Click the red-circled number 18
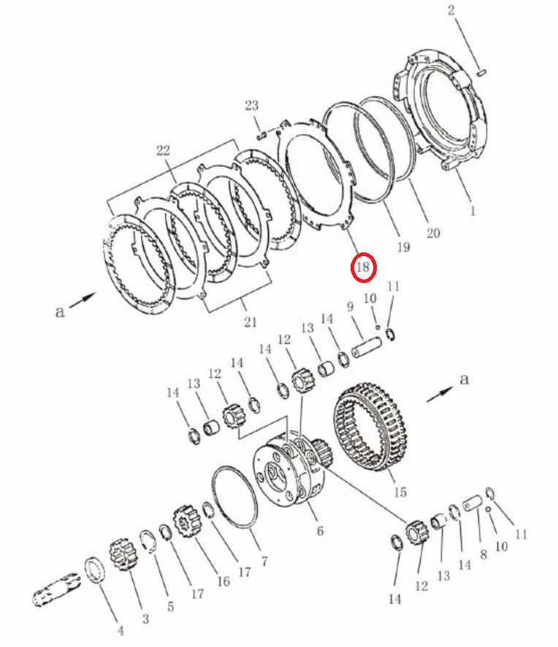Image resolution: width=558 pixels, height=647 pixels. pyautogui.click(x=363, y=268)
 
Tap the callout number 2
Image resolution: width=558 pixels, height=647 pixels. pyautogui.click(x=451, y=10)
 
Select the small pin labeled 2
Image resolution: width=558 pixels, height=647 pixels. pyautogui.click(x=481, y=73)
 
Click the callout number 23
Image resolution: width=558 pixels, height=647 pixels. pyautogui.click(x=251, y=106)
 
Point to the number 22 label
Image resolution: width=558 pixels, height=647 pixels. pyautogui.click(x=163, y=150)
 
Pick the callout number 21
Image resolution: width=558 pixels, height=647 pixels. pyautogui.click(x=250, y=322)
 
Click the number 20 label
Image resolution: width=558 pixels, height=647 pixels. pyautogui.click(x=433, y=233)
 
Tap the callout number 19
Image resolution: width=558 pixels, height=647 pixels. pyautogui.click(x=403, y=247)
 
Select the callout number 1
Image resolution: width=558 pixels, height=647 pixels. pyautogui.click(x=473, y=212)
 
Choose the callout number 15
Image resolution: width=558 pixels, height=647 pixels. pyautogui.click(x=400, y=492)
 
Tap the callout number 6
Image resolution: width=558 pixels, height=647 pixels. pyautogui.click(x=320, y=530)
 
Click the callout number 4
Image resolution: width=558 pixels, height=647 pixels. pyautogui.click(x=121, y=630)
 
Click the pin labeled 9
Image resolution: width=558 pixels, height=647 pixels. pyautogui.click(x=367, y=348)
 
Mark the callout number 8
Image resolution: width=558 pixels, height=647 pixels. pyautogui.click(x=484, y=554)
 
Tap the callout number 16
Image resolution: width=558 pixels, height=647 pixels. pyautogui.click(x=223, y=581)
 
